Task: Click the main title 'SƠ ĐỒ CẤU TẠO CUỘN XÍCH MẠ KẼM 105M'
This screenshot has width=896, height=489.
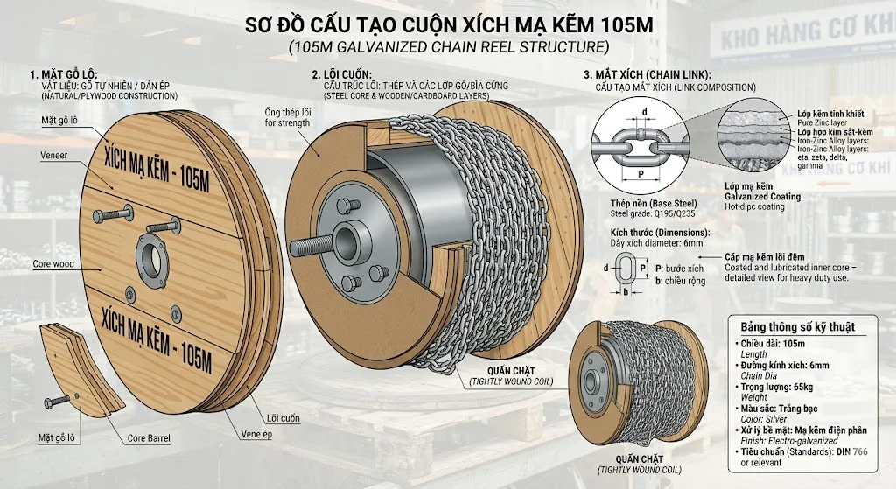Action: [x=448, y=24]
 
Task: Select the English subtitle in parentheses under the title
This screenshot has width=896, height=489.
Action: [x=448, y=46]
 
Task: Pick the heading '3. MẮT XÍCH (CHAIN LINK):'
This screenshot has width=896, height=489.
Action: [x=647, y=74]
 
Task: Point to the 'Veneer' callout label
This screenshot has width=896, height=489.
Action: [x=53, y=155]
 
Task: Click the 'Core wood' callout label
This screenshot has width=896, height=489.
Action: [x=52, y=262]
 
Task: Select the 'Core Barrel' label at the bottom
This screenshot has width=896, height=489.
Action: [x=148, y=437]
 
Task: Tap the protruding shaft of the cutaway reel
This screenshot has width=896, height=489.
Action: [x=308, y=237]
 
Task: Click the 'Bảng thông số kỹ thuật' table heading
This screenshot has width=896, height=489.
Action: [x=798, y=326]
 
